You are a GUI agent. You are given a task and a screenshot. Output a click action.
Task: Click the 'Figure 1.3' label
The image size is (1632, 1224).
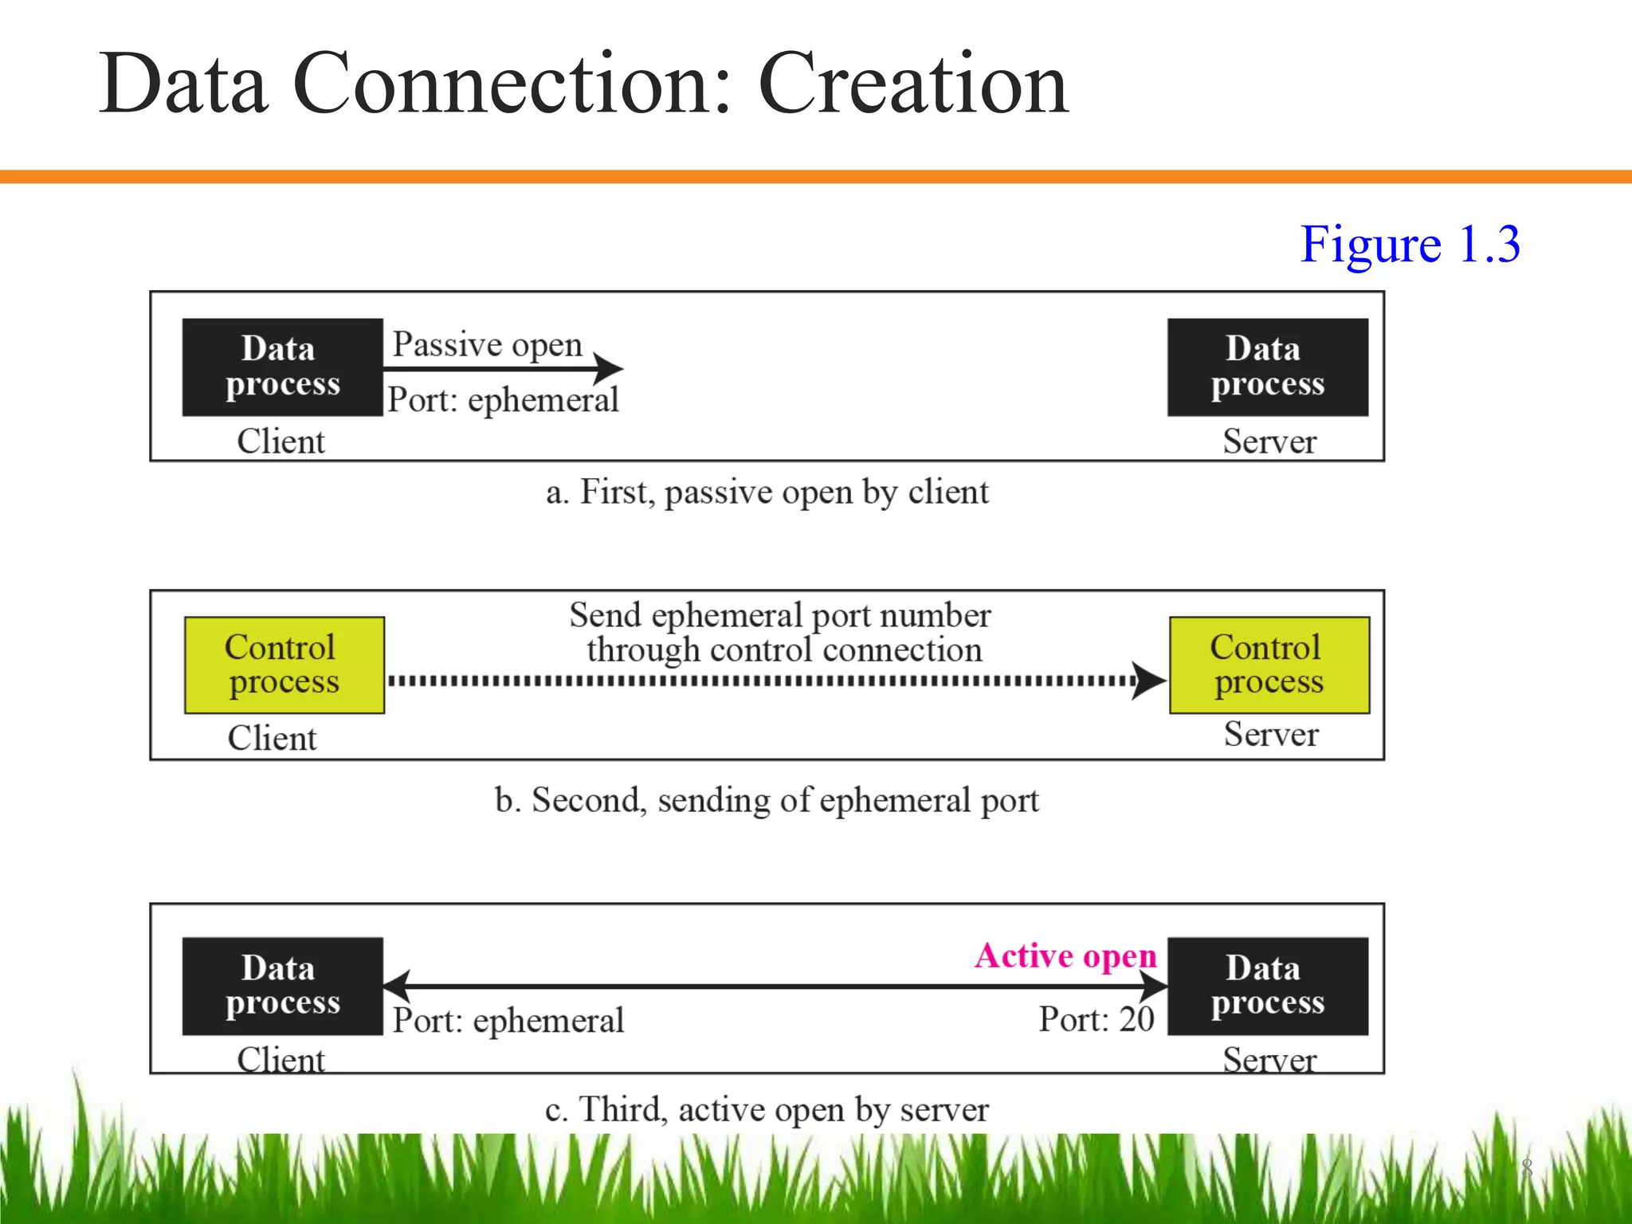[x=1410, y=244]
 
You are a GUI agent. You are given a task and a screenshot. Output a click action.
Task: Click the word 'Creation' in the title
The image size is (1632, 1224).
[x=912, y=84]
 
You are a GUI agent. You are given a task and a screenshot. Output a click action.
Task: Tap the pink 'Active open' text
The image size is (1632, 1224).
[x=1065, y=955]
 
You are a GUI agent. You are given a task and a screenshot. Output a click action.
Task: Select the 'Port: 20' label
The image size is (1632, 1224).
[x=1096, y=1019]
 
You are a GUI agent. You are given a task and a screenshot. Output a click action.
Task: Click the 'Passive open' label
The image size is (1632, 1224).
[x=487, y=344]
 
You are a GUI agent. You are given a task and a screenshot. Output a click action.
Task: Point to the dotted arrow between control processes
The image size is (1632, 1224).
[x=761, y=681]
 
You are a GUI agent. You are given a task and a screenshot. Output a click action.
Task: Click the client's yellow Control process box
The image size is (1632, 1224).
[x=284, y=665]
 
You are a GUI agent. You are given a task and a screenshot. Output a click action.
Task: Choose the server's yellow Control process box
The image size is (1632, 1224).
[x=1269, y=665]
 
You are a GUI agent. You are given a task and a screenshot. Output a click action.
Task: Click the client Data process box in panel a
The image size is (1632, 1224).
[x=282, y=367]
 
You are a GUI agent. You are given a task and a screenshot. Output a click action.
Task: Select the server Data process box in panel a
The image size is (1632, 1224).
[x=1267, y=367]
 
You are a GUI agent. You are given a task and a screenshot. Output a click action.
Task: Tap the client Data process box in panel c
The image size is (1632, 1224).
[x=282, y=986]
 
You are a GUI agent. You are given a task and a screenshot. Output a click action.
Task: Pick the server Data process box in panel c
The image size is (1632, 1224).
[x=1267, y=986]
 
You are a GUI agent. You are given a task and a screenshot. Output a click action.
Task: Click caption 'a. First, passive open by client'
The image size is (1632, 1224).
[x=767, y=492]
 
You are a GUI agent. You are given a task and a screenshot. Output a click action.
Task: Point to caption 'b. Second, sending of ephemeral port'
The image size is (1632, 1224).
[x=767, y=800]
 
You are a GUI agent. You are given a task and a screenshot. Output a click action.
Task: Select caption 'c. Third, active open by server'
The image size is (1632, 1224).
[x=767, y=1109]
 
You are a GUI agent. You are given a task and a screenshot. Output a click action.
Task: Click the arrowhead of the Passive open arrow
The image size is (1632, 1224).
[x=610, y=368]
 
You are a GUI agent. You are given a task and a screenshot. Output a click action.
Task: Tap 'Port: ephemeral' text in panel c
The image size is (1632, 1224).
[x=508, y=1021]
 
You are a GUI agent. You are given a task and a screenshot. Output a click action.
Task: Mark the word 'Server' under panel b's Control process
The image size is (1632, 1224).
[x=1271, y=734]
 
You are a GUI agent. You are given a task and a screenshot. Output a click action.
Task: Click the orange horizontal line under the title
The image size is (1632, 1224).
[x=816, y=176]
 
